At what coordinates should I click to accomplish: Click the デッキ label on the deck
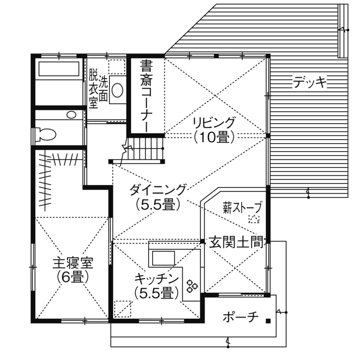pos(310,81)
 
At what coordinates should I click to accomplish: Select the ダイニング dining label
pos(158,189)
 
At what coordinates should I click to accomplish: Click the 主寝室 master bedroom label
pos(73,262)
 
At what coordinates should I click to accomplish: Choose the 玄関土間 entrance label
pos(236,243)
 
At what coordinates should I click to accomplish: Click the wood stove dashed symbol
pos(255,219)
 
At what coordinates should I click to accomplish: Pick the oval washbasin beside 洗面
pos(117,90)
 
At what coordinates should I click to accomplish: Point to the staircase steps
pos(146,148)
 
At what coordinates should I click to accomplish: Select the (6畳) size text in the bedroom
pos(73,277)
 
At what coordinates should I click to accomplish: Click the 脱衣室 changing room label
pos(93,89)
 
